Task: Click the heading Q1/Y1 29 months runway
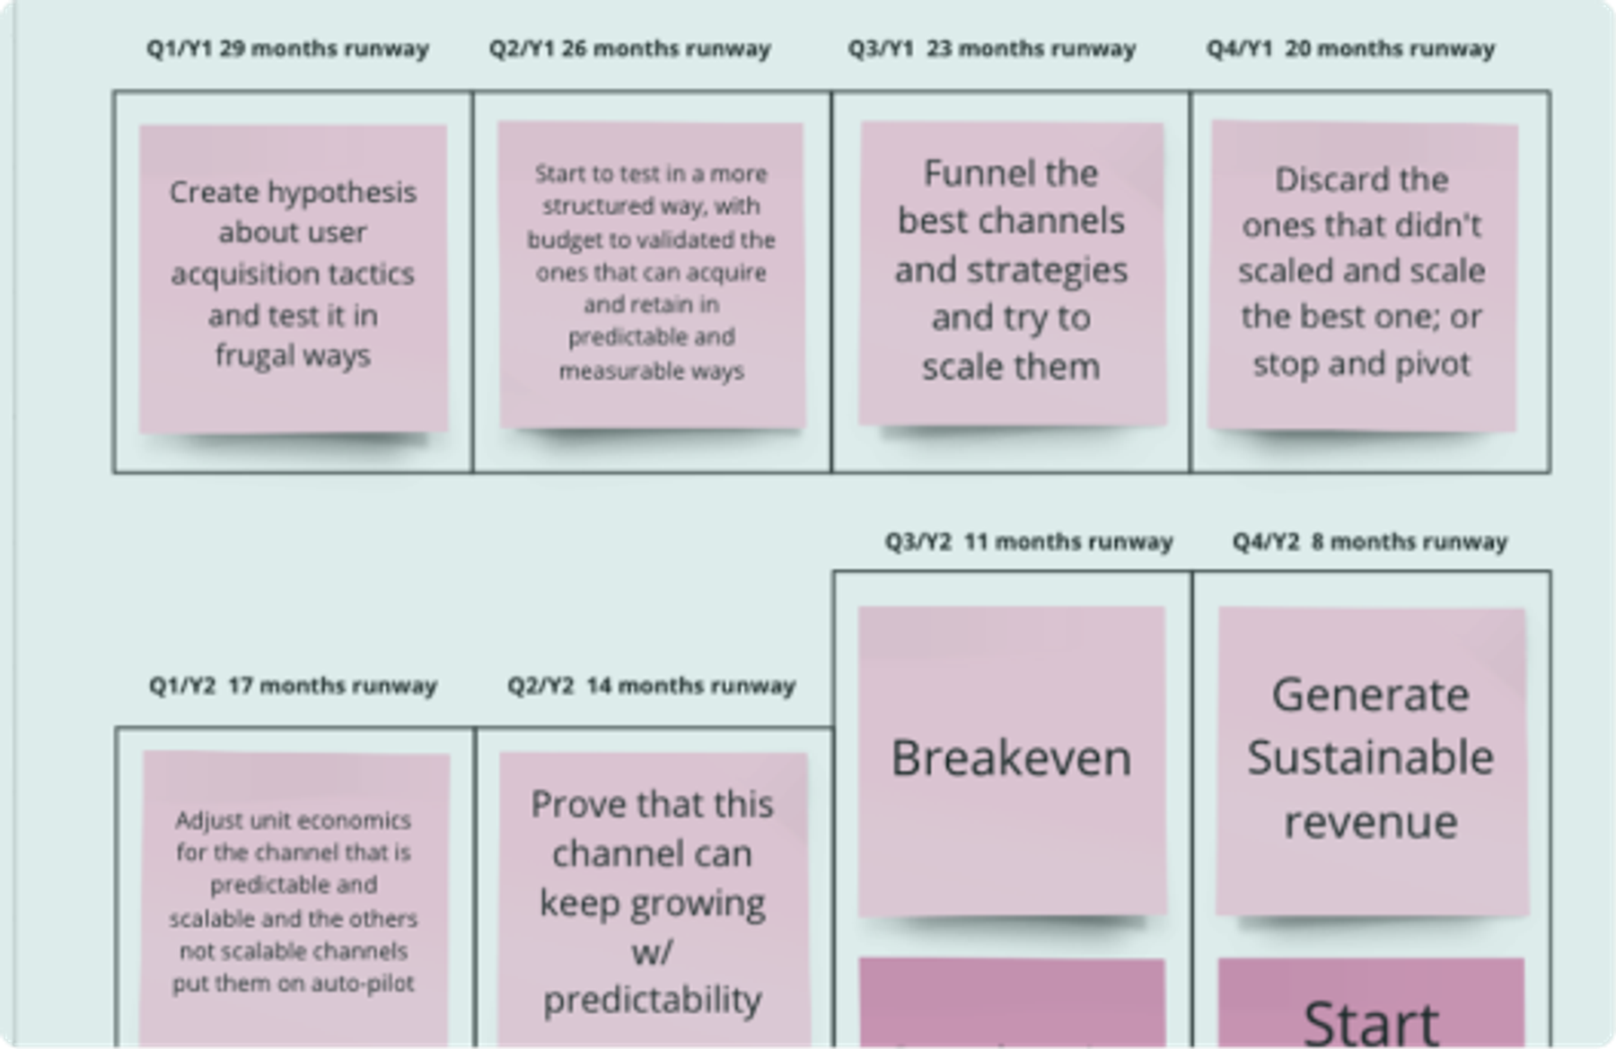[x=288, y=48]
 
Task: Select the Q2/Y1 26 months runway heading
[x=630, y=48]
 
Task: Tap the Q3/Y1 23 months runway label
[x=992, y=48]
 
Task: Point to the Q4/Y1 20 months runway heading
[x=1351, y=48]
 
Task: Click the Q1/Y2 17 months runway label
[x=293, y=686]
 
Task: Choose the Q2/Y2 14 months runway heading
[x=652, y=686]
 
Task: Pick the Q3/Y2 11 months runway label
[x=1029, y=542]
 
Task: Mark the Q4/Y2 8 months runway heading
[x=1370, y=542]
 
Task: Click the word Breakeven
[x=1011, y=758]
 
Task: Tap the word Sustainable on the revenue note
[x=1371, y=757]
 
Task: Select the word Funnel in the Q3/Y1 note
[x=1011, y=173]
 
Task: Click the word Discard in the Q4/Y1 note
[x=1316, y=179]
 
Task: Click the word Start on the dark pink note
[x=1371, y=1023]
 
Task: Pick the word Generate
[x=1371, y=695]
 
